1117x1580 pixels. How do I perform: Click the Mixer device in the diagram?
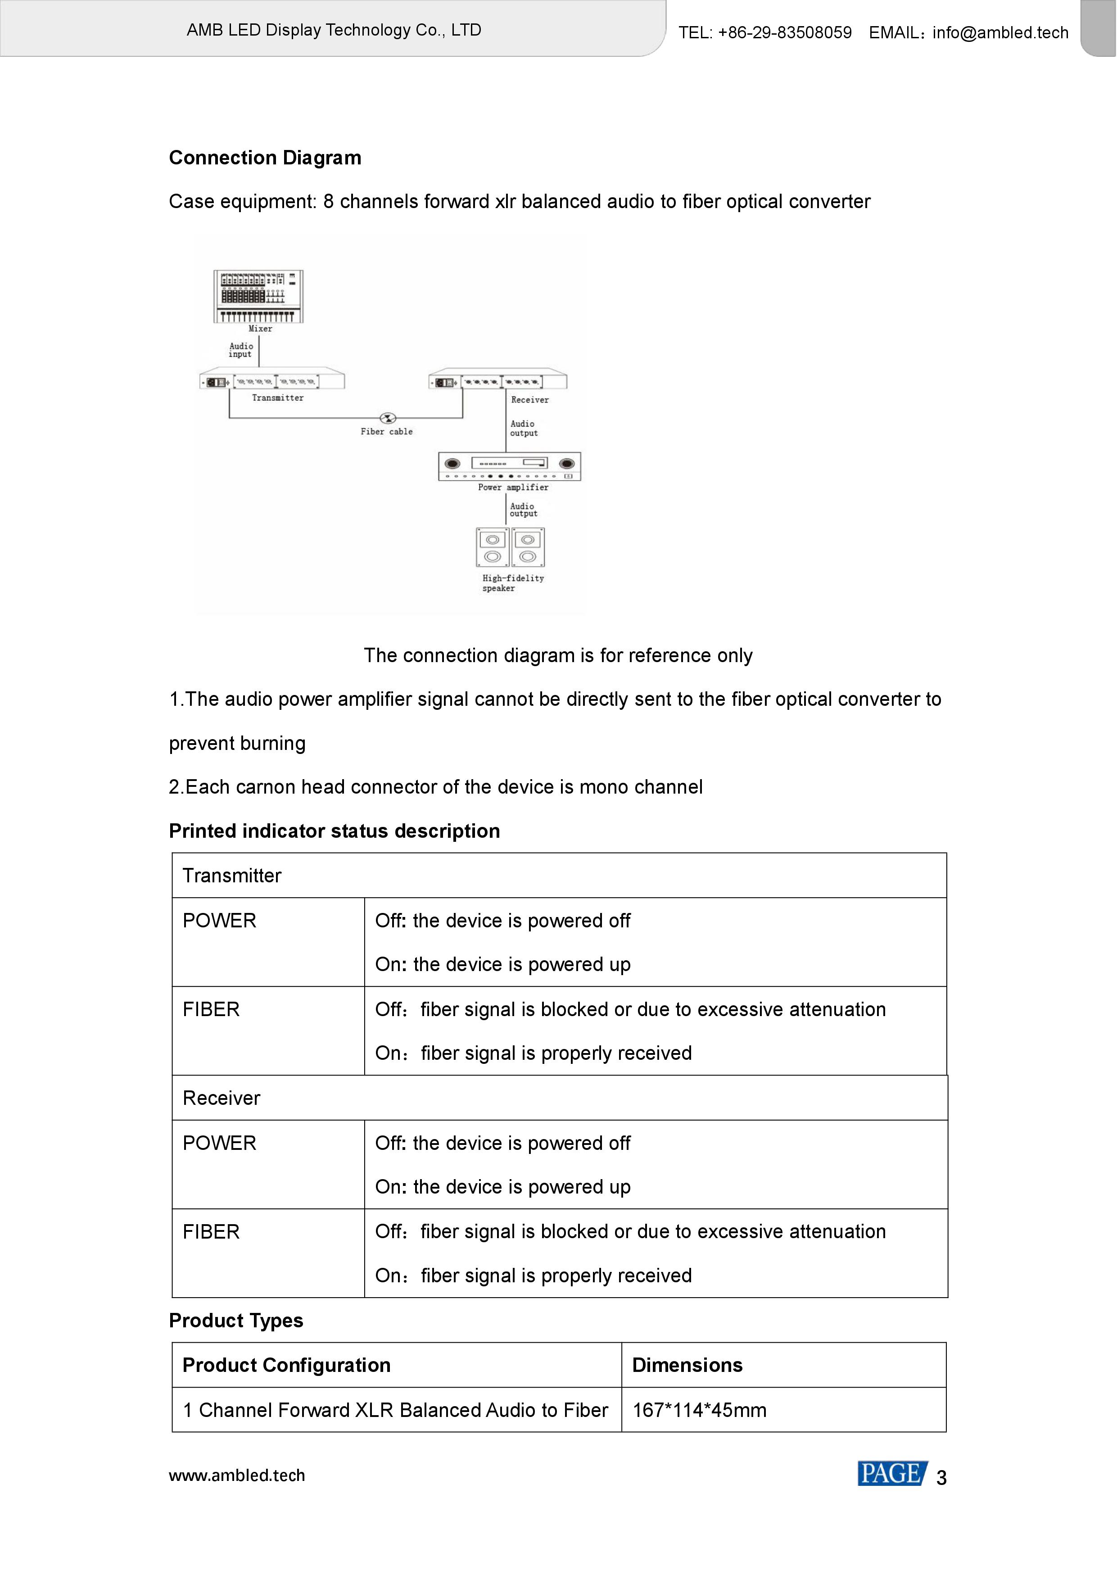pos(258,296)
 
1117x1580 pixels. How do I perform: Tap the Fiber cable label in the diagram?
pos(387,431)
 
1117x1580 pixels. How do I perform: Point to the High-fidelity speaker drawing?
pos(511,547)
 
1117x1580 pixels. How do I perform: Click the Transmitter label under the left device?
pos(277,398)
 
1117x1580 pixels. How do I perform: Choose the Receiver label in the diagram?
pos(529,400)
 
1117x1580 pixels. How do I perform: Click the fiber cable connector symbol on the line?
pos(388,418)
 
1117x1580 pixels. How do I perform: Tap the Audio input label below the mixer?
pos(241,350)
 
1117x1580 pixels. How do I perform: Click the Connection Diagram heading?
pos(265,158)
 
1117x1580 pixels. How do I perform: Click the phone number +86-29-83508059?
pos(784,32)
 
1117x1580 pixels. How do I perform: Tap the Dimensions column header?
pos(687,1365)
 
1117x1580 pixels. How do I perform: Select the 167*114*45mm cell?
pos(699,1410)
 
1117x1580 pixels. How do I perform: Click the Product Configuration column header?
pos(286,1365)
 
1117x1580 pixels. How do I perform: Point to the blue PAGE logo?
pos(891,1474)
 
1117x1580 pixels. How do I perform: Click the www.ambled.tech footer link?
pos(237,1476)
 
